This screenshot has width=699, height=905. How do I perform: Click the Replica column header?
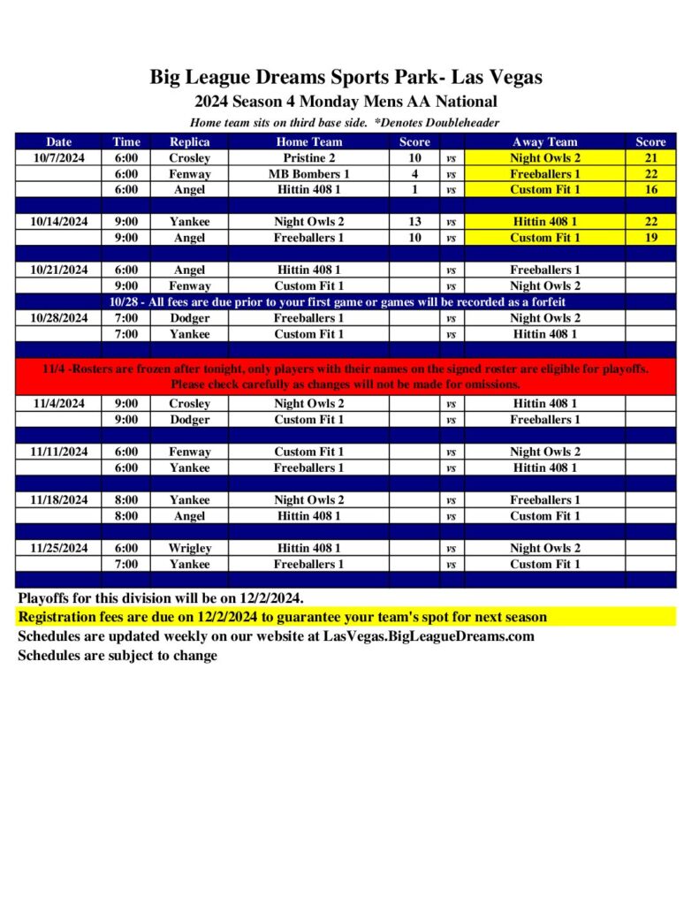[189, 141]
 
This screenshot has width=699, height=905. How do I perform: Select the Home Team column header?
[308, 141]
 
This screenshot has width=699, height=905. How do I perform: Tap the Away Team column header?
[544, 141]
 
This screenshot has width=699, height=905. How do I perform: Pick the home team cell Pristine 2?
[308, 158]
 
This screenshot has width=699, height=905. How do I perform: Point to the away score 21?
[650, 158]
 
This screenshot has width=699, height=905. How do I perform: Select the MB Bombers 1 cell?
[308, 174]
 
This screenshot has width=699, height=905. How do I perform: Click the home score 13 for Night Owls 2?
[414, 222]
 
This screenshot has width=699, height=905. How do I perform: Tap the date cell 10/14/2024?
[58, 222]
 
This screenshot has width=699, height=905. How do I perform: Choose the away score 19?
[650, 238]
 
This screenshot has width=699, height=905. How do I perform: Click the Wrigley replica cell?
[189, 548]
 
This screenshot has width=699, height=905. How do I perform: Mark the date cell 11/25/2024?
[58, 548]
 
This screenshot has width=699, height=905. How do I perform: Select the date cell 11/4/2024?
[58, 404]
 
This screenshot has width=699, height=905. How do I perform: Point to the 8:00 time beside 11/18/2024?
[125, 500]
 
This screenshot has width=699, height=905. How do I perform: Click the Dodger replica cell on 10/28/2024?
[189, 318]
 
